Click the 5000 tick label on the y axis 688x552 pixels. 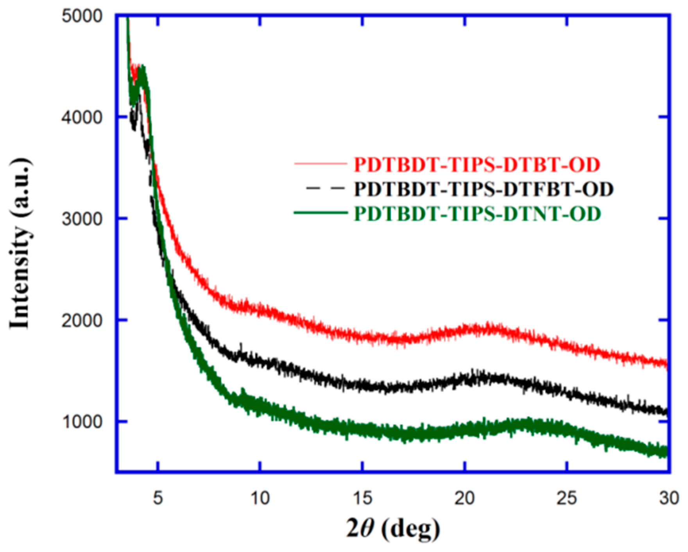click(x=82, y=16)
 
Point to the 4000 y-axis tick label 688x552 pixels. click(x=82, y=117)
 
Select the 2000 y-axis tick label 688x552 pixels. click(x=82, y=320)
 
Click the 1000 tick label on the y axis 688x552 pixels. click(x=82, y=422)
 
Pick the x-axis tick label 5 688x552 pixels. click(x=158, y=498)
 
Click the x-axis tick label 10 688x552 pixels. click(x=260, y=498)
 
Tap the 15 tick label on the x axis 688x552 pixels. click(x=362, y=498)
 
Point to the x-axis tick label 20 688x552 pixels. click(x=464, y=498)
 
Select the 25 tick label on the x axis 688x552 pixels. click(x=567, y=498)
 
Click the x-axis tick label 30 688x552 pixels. click(x=669, y=498)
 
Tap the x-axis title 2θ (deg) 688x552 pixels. click(x=393, y=529)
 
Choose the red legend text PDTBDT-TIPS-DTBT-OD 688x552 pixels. click(x=477, y=165)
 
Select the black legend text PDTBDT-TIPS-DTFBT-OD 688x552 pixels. click(x=484, y=189)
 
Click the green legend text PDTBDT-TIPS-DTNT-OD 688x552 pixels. click(x=477, y=214)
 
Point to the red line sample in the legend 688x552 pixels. click(x=321, y=164)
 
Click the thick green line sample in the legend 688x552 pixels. click(x=321, y=213)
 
